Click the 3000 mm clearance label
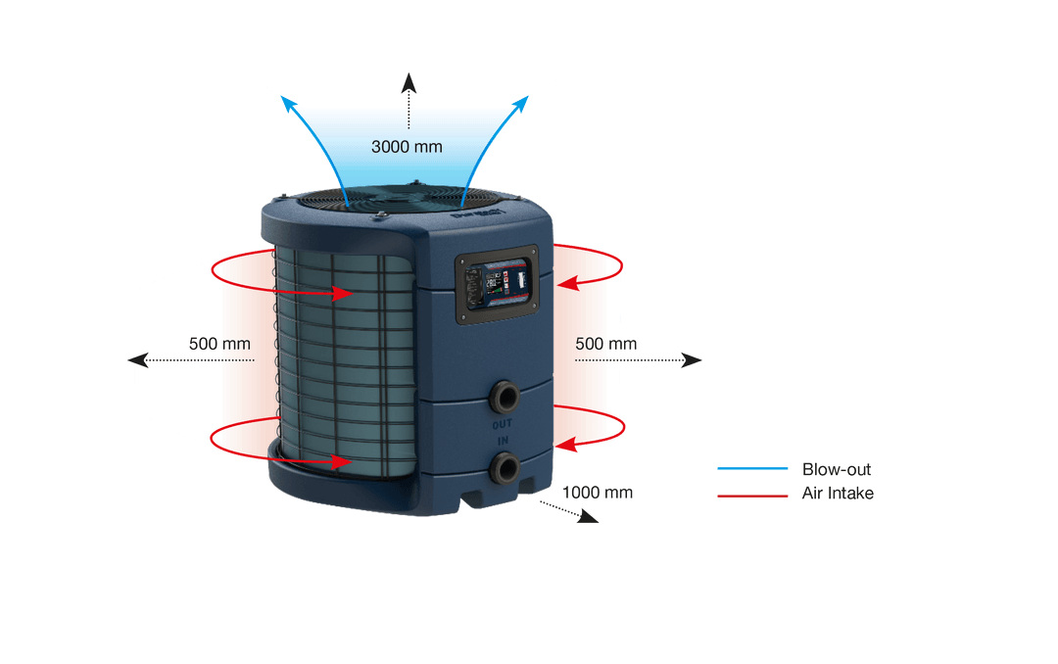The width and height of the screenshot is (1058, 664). pyautogui.click(x=407, y=147)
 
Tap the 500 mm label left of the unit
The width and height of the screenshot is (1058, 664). pyautogui.click(x=219, y=344)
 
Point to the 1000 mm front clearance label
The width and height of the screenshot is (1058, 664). pyautogui.click(x=599, y=493)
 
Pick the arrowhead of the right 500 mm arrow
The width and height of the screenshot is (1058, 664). pyautogui.click(x=693, y=360)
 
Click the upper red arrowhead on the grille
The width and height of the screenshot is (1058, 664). pyautogui.click(x=344, y=292)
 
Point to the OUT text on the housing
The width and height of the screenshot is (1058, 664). pyautogui.click(x=502, y=424)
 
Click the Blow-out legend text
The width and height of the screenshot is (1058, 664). pyautogui.click(x=836, y=469)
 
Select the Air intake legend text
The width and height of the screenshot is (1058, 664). pyautogui.click(x=837, y=494)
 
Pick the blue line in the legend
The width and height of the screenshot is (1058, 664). pyautogui.click(x=751, y=469)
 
